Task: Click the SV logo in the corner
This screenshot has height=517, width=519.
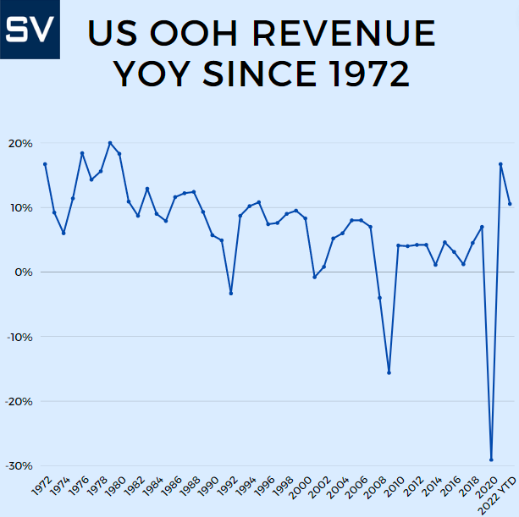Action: click(30, 30)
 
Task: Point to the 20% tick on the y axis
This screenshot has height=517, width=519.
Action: click(20, 143)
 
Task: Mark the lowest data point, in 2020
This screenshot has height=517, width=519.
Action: click(491, 459)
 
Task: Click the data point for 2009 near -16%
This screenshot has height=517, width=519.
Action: click(389, 373)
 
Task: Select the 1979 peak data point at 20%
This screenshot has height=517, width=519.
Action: click(110, 143)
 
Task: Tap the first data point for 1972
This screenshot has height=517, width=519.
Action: click(45, 164)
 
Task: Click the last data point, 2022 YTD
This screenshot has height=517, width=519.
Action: click(510, 204)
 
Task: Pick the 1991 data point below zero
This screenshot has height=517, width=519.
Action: click(230, 294)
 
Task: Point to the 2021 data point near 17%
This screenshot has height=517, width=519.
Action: click(500, 164)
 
